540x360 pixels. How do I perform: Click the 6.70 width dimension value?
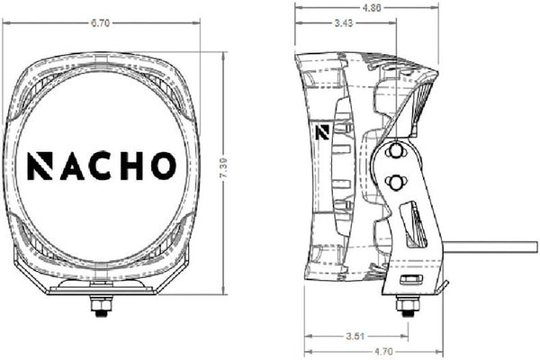[100, 23]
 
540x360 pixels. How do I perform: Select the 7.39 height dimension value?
[223, 168]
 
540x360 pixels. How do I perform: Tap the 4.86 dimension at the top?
[372, 7]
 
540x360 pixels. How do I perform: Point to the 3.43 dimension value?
[344, 23]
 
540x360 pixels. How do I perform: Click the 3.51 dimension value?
[355, 336]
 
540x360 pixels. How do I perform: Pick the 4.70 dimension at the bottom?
[383, 352]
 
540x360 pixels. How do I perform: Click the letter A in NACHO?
[72, 166]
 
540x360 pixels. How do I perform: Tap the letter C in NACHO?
[100, 166]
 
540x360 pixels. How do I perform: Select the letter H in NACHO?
[130, 166]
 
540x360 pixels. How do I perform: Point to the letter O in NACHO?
[164, 166]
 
